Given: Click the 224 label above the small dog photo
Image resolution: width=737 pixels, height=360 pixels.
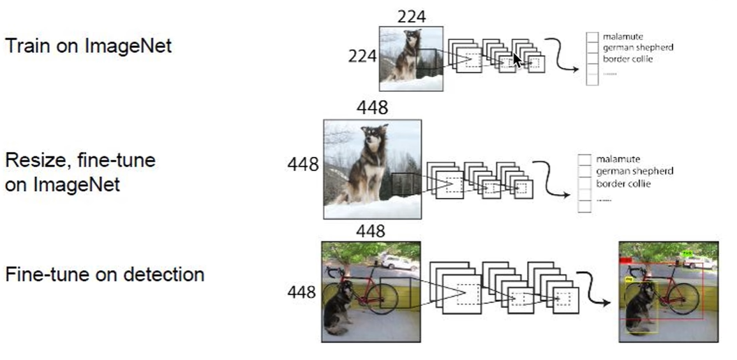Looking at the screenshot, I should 412,16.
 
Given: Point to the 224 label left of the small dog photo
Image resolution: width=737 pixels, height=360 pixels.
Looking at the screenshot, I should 362,56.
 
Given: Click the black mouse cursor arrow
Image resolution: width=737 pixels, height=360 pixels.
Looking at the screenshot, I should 517,59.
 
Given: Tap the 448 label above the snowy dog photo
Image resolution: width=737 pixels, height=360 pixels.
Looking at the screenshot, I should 372,109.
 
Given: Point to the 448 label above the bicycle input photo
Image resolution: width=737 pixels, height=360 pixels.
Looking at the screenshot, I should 371,230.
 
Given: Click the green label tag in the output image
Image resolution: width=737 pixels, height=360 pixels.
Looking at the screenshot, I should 687,253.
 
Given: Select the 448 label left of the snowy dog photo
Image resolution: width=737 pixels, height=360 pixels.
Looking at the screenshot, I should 303,165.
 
